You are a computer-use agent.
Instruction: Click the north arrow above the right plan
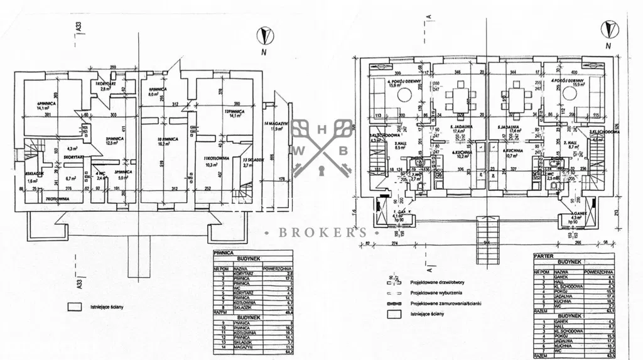tap(607, 29)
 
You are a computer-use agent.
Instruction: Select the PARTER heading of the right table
tap(544, 256)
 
